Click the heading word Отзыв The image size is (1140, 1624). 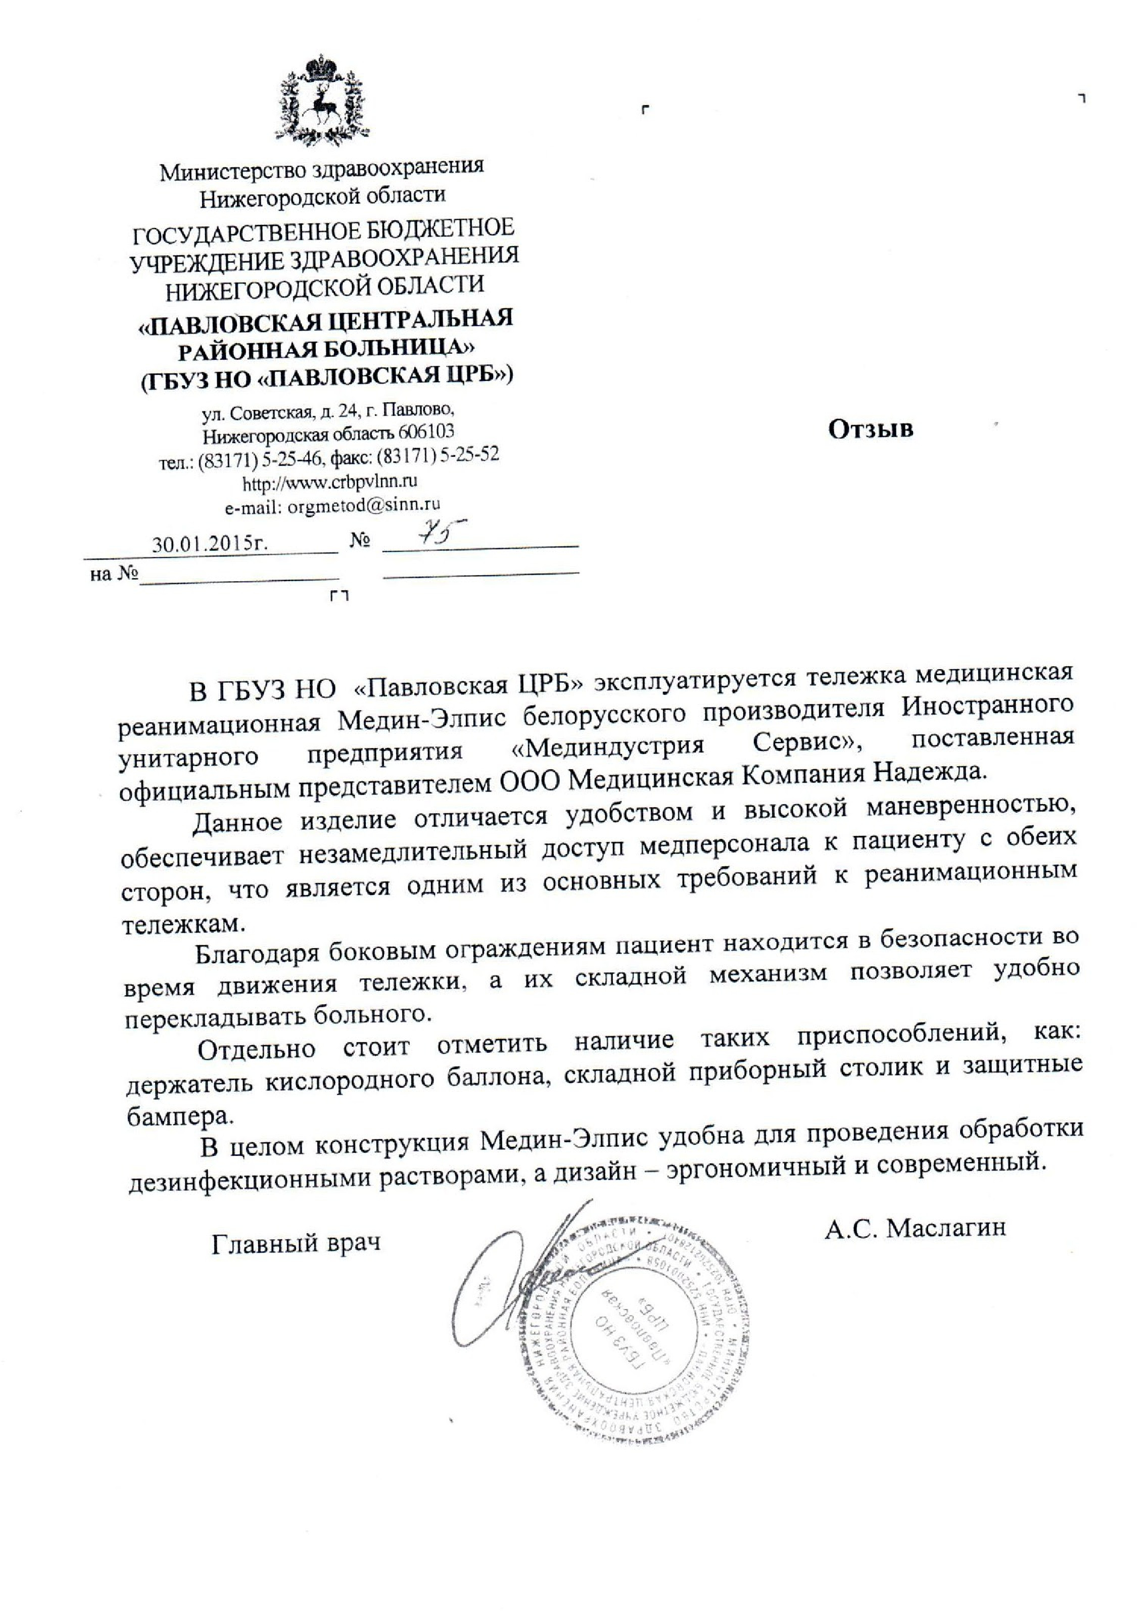click(x=871, y=429)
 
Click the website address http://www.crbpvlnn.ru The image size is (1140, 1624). click(x=329, y=483)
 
